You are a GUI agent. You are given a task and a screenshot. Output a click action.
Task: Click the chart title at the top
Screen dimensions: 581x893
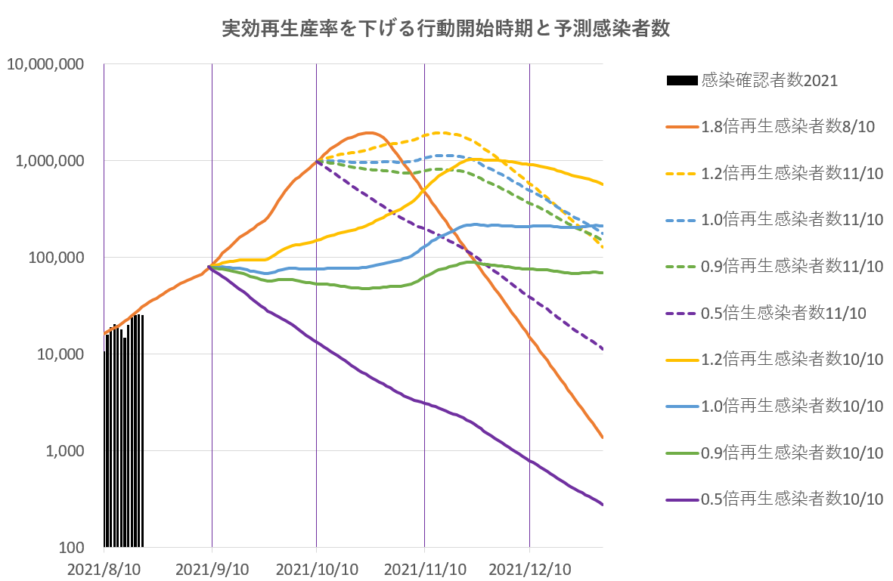coord(446,29)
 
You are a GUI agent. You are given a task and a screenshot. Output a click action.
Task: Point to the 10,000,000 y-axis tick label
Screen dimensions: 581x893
coord(45,64)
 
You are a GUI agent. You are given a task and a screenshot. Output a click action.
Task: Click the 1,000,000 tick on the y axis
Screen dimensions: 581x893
coord(49,161)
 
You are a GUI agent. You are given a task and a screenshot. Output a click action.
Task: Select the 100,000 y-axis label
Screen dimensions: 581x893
coord(54,258)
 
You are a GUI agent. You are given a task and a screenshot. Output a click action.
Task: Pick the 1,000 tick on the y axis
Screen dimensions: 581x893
coord(63,451)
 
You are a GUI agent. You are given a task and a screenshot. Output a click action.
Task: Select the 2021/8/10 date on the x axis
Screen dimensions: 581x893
coord(104,567)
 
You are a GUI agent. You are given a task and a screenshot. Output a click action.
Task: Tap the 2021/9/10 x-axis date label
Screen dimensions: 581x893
coord(212,567)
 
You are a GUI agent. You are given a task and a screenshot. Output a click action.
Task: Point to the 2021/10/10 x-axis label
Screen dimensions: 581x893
coord(316,567)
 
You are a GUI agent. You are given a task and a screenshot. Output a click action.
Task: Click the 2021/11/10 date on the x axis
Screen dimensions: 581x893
coord(424,567)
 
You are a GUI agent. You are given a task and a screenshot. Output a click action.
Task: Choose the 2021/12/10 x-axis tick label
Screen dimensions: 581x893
coord(529,567)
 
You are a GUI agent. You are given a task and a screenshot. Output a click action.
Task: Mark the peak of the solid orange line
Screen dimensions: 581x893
coord(368,132)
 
